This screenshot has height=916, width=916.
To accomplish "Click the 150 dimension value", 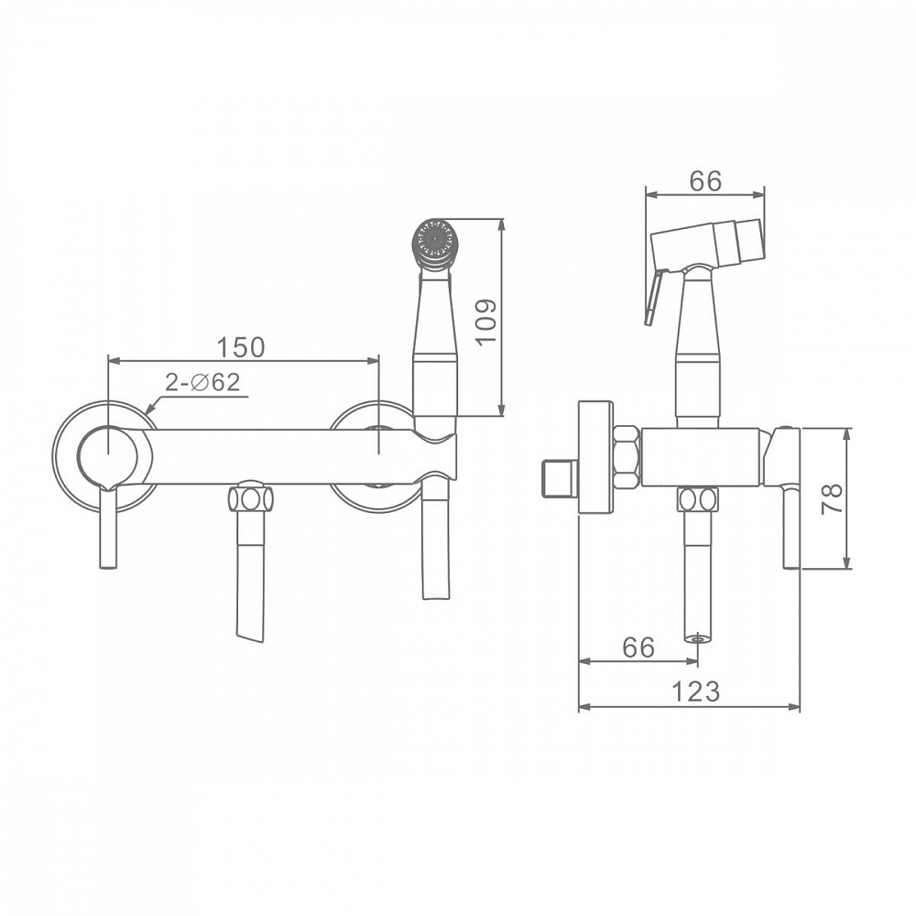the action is [x=241, y=346].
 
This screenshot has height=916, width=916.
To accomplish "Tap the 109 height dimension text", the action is [x=485, y=322].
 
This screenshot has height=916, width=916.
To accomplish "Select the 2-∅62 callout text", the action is [x=202, y=382].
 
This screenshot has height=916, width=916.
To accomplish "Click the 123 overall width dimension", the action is [x=695, y=692].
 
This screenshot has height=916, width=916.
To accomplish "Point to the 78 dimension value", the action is [x=832, y=498].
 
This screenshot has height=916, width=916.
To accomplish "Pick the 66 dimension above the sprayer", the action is [x=705, y=181].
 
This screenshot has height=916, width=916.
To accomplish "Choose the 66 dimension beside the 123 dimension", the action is [x=638, y=648].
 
